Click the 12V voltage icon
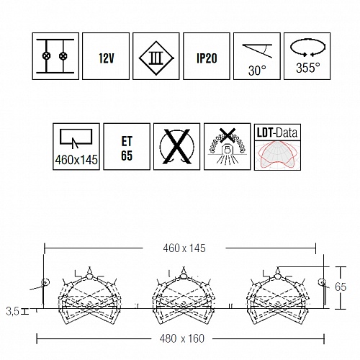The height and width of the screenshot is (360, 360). (x=106, y=56)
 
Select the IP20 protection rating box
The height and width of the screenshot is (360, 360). (x=207, y=56)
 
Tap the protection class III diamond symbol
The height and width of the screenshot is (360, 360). (x=156, y=58)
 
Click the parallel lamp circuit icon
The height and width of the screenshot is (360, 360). (x=55, y=56)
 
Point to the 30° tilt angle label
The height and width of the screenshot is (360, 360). (x=257, y=71)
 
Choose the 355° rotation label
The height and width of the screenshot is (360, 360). (x=308, y=68)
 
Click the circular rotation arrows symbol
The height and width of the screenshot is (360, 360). (x=308, y=47)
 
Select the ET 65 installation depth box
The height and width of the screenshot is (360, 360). (x=127, y=147)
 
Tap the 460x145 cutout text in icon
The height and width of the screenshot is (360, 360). (x=76, y=160)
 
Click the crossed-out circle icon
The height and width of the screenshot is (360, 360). (x=177, y=147)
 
